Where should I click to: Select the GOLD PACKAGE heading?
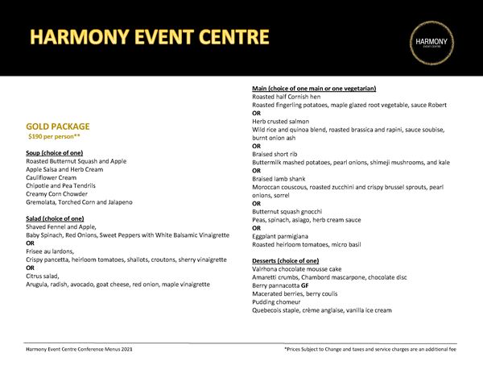(x=57, y=127)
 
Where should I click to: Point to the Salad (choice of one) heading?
(x=55, y=218)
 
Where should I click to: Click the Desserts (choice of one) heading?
(x=286, y=261)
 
